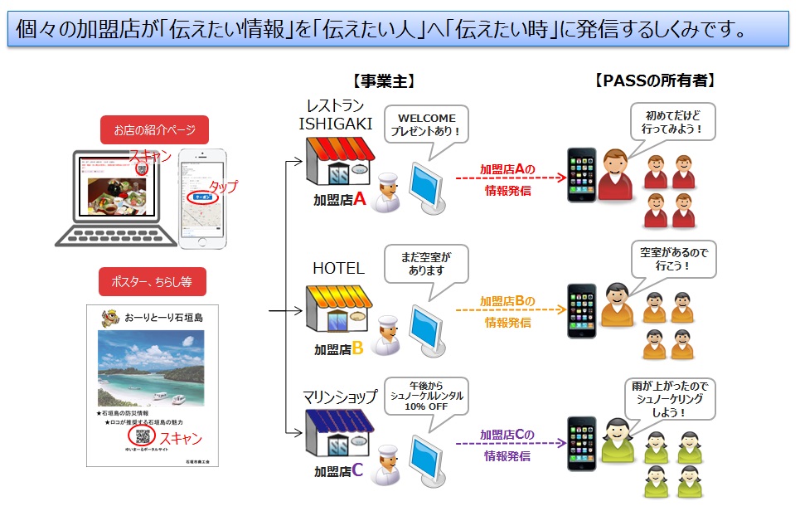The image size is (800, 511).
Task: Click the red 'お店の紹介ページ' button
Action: tap(155, 130)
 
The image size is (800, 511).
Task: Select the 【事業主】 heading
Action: tap(383, 81)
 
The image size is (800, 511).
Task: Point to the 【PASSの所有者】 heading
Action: tap(655, 81)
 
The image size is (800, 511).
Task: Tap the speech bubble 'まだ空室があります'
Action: tap(426, 263)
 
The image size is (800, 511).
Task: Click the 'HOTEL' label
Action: tap(338, 268)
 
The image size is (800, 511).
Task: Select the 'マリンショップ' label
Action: tap(341, 398)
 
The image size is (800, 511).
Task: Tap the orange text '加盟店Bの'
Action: tap(507, 301)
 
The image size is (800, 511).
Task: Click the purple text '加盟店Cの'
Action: tap(507, 434)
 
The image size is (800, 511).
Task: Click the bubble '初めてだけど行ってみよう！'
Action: tap(672, 121)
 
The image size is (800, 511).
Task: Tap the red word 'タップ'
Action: tap(223, 187)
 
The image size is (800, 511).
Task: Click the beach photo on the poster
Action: tap(152, 370)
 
